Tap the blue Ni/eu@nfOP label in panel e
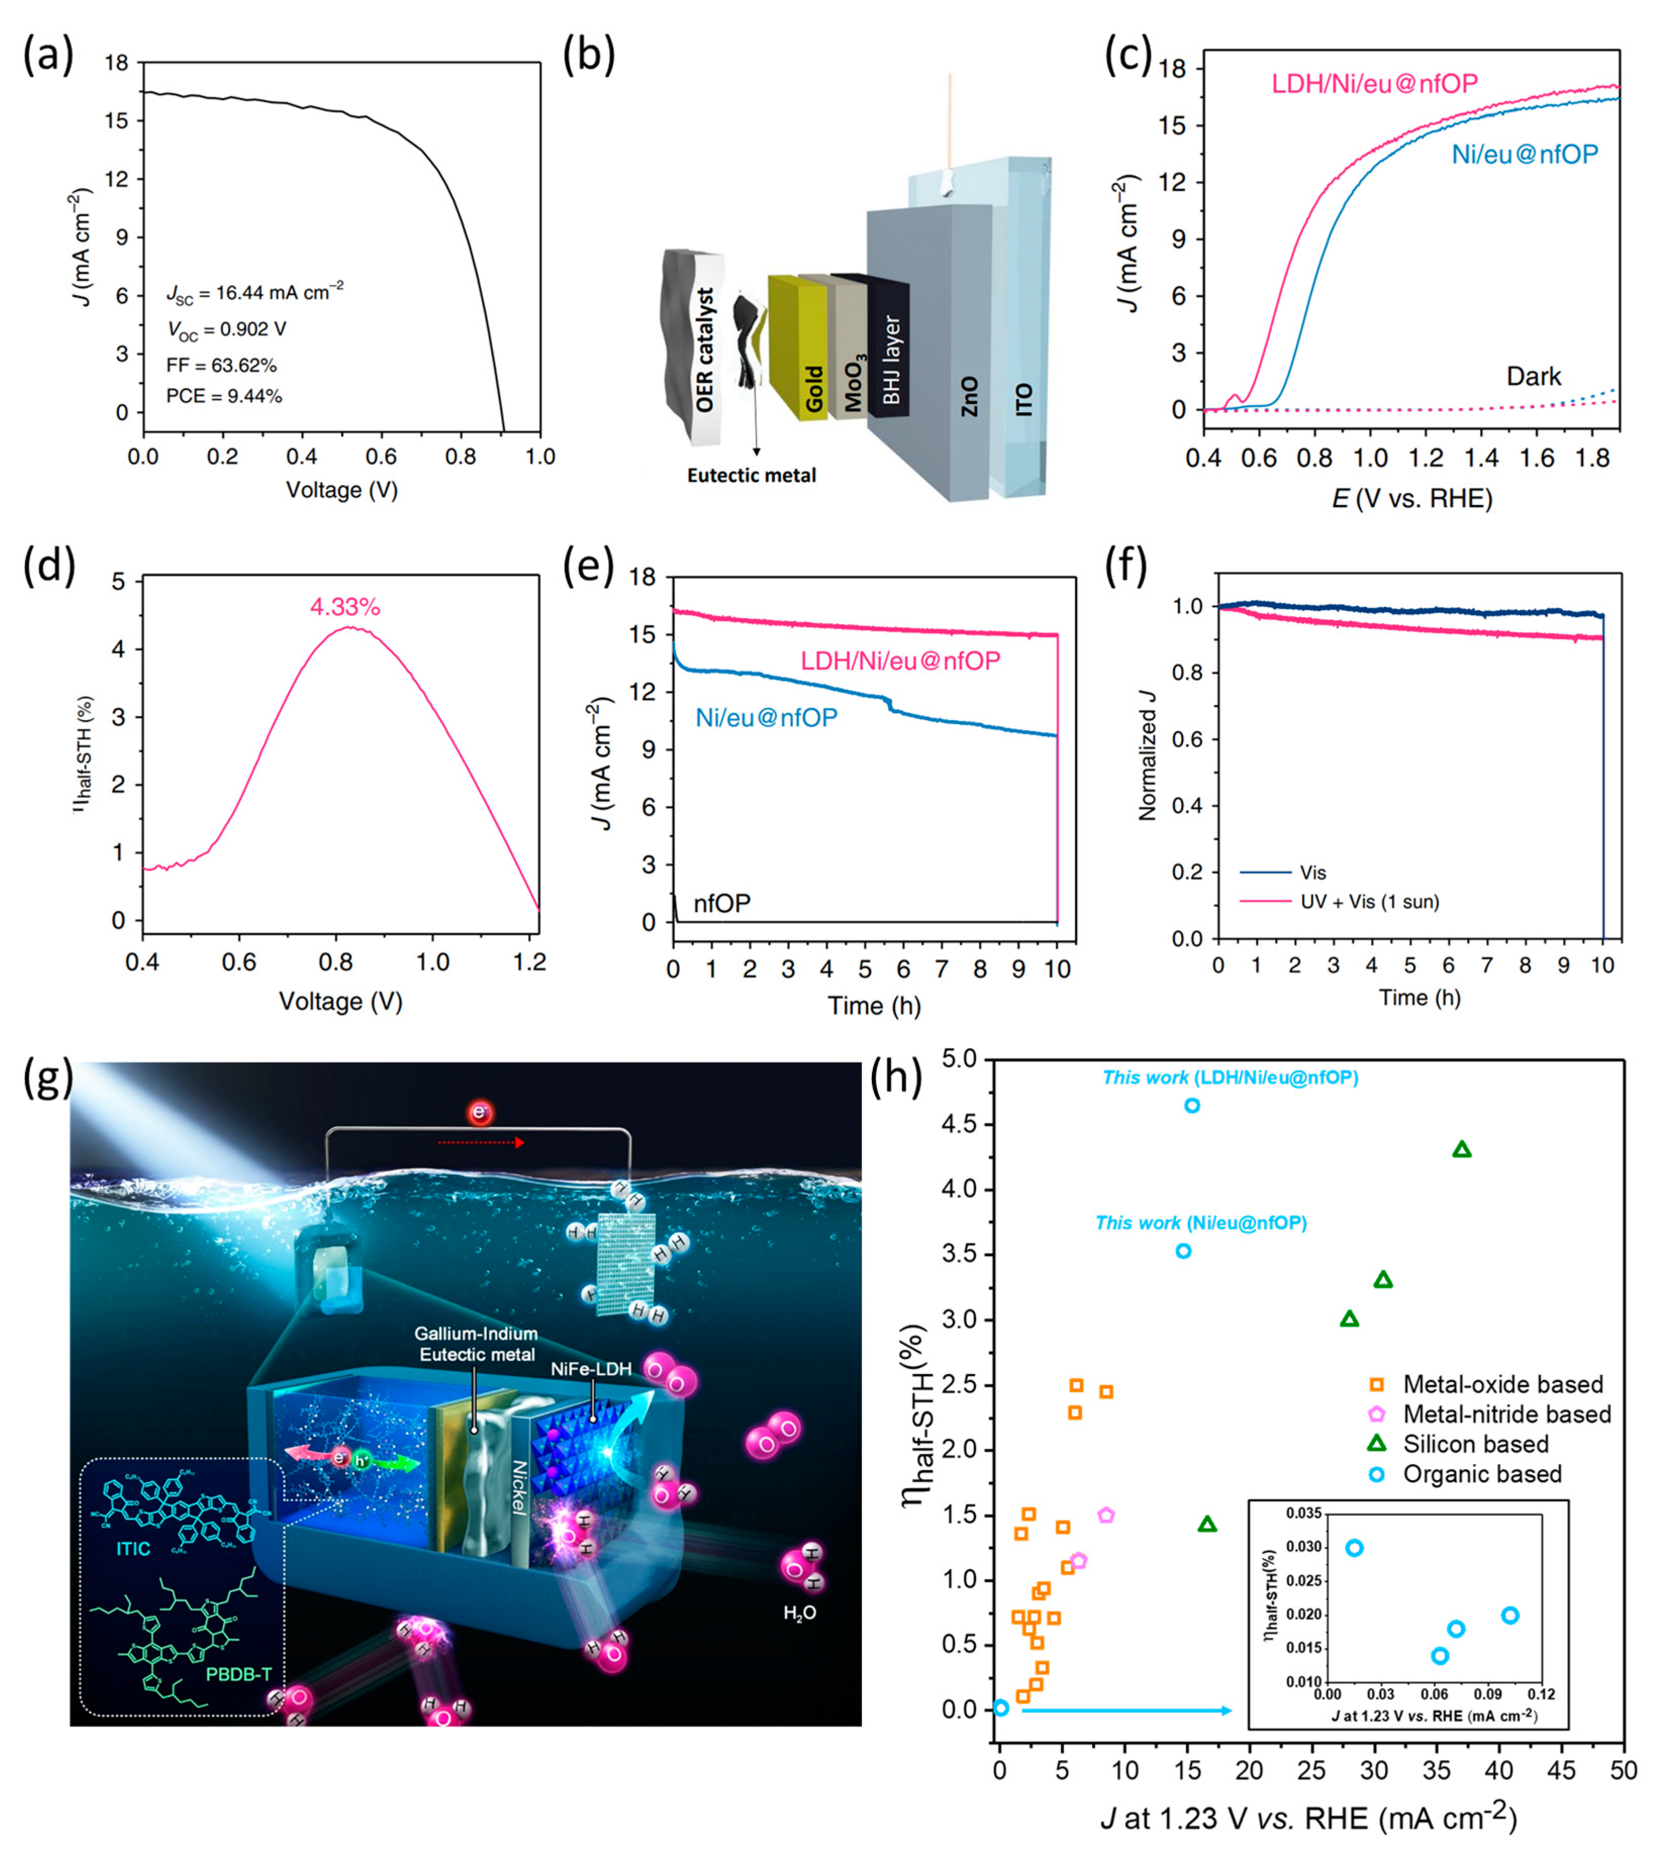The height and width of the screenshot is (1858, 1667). click(x=766, y=718)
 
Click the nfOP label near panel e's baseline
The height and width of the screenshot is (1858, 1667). click(x=722, y=904)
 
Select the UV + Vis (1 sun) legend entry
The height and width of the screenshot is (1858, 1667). click(x=1369, y=902)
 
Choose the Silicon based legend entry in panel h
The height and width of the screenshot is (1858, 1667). click(x=1475, y=1444)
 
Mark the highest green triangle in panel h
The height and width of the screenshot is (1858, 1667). click(x=1462, y=1149)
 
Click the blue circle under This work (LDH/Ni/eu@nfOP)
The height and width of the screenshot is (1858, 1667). click(x=1192, y=1106)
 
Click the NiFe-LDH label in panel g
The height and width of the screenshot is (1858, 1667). click(x=591, y=1369)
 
